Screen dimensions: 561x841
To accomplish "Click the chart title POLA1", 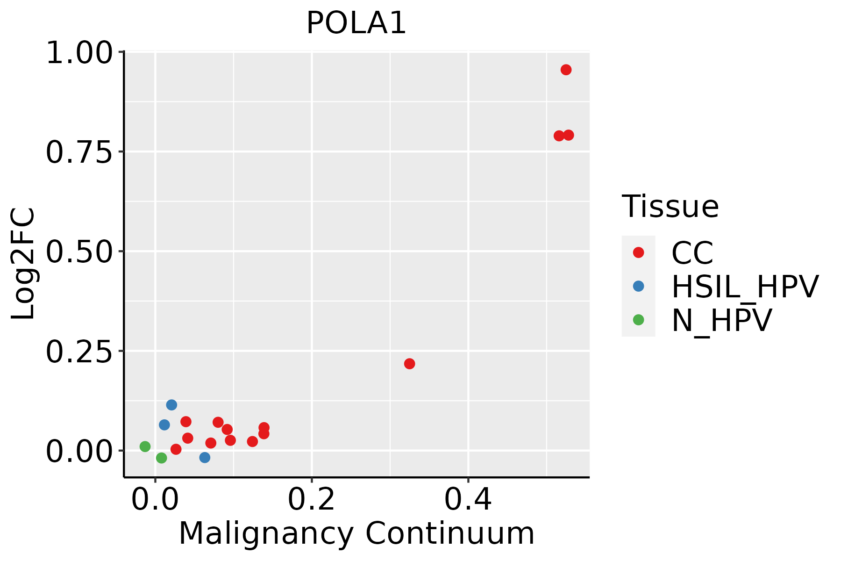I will [356, 23].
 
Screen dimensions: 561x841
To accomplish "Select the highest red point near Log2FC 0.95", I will [566, 70].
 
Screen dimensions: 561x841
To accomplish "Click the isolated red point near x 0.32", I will [409, 364].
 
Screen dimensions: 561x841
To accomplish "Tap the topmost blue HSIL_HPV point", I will [171, 405].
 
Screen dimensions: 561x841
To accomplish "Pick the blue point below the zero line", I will [205, 457].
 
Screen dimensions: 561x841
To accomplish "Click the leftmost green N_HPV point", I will [145, 446].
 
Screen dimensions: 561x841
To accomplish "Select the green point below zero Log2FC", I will [161, 458].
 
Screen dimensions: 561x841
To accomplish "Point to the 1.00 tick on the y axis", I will [79, 52].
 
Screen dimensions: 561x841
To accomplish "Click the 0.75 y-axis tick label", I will [79, 152].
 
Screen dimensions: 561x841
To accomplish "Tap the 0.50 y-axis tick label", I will [79, 252].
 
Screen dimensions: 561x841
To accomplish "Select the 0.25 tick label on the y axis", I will [79, 351].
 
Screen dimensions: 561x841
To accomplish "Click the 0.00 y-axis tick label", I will [79, 451].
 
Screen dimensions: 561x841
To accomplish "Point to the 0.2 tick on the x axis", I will [311, 499].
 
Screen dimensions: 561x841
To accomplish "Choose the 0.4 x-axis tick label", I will [468, 499].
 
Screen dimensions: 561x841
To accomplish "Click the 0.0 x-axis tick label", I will [155, 499].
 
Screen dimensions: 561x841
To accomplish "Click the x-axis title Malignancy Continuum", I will [356, 533].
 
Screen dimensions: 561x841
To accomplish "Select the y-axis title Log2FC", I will [23, 264].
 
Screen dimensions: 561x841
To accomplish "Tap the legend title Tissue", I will [670, 206].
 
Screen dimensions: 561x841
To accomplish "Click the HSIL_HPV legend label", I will [745, 287].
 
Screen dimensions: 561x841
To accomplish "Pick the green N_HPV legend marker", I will [638, 320].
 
